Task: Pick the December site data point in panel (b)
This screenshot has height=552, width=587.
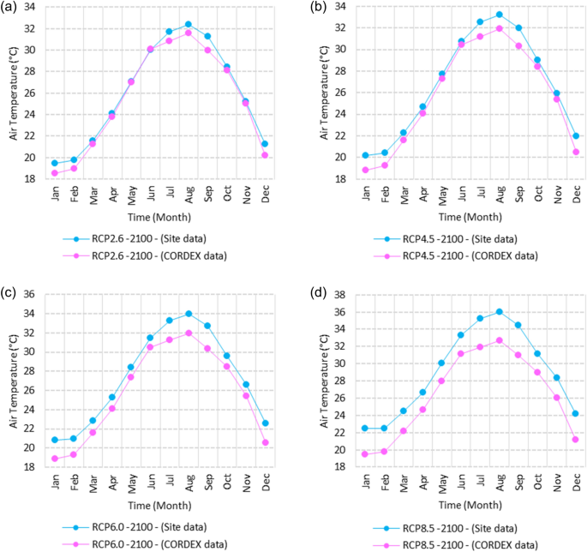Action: (x=576, y=135)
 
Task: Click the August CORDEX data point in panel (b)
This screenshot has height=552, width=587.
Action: (x=499, y=28)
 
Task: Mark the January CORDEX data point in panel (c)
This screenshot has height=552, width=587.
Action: (x=55, y=459)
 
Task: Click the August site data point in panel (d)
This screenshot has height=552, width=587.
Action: (x=499, y=311)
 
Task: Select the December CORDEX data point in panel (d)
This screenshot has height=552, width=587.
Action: (x=576, y=440)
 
